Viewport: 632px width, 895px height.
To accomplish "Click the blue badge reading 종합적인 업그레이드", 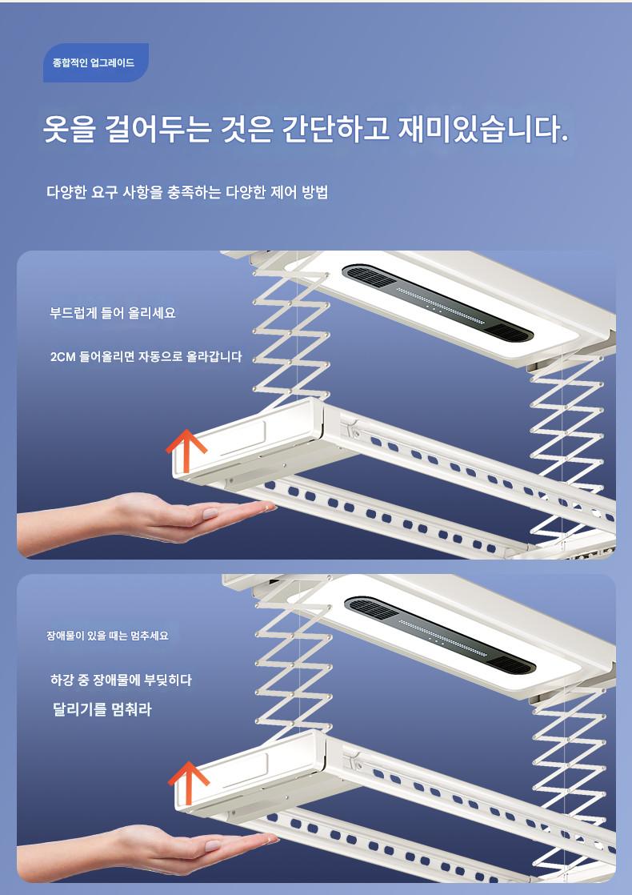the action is click(96, 62).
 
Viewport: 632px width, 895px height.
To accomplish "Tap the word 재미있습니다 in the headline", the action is click(482, 129).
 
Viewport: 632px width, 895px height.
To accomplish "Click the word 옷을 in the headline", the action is click(70, 129).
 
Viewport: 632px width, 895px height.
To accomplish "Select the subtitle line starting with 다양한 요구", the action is click(187, 192).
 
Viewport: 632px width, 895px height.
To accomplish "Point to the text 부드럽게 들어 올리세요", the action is click(112, 313).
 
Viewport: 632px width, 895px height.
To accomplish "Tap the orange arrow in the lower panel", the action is click(188, 782).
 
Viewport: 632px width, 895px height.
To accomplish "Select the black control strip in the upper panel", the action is click(438, 303).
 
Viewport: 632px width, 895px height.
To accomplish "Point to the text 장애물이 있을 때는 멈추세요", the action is click(108, 636).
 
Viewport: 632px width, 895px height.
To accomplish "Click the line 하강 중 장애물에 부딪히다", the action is click(121, 680).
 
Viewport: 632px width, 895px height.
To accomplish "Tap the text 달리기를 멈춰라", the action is click(102, 709).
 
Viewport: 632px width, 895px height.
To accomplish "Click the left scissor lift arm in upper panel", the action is click(291, 337).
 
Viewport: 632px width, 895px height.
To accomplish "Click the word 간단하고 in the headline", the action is click(336, 129).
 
